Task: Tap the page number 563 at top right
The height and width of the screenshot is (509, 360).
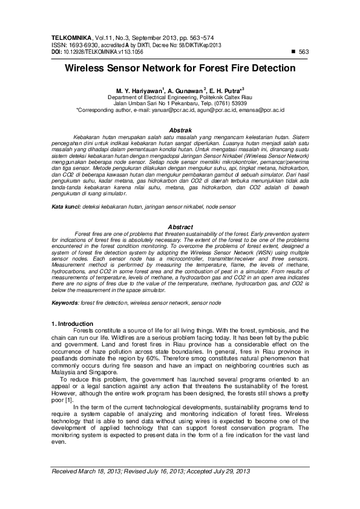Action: pos(304,52)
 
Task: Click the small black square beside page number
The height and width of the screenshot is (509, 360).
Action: pos(293,52)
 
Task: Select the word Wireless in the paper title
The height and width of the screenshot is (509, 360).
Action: pos(89,69)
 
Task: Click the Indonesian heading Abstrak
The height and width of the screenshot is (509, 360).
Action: pos(180,130)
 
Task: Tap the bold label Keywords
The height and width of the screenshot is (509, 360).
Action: pos(65,302)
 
